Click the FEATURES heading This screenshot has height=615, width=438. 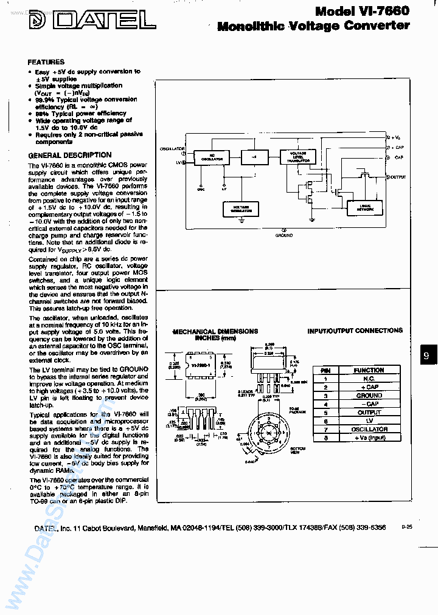pos(46,62)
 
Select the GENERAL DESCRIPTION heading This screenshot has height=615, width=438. pos(70,155)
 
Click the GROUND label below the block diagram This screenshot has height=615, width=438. pos(283,235)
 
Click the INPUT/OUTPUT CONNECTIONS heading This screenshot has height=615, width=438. pos(355,331)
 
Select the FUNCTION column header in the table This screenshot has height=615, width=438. pos(369,370)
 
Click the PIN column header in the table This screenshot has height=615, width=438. pos(325,370)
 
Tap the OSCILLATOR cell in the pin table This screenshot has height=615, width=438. pos(369,429)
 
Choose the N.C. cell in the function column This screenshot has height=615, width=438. pos(369,379)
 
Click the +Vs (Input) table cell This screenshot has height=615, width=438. pos(369,438)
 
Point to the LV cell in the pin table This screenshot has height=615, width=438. pos(369,421)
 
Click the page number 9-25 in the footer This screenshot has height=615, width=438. pos(406,527)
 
